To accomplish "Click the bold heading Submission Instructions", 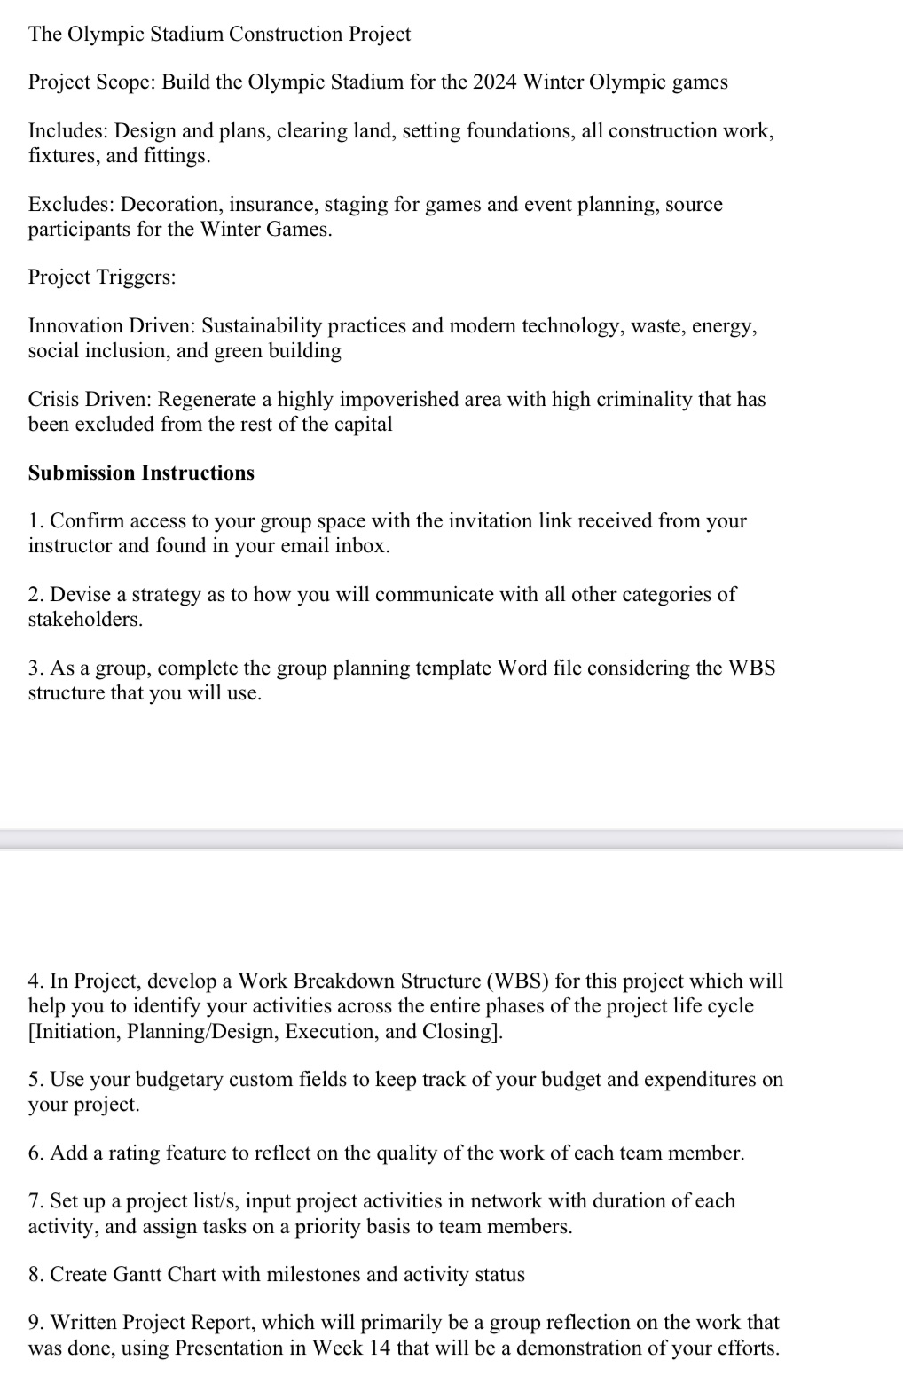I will click(141, 473).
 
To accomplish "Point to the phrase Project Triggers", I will click(101, 277).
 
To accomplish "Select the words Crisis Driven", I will click(89, 399).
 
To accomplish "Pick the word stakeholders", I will click(83, 620).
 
